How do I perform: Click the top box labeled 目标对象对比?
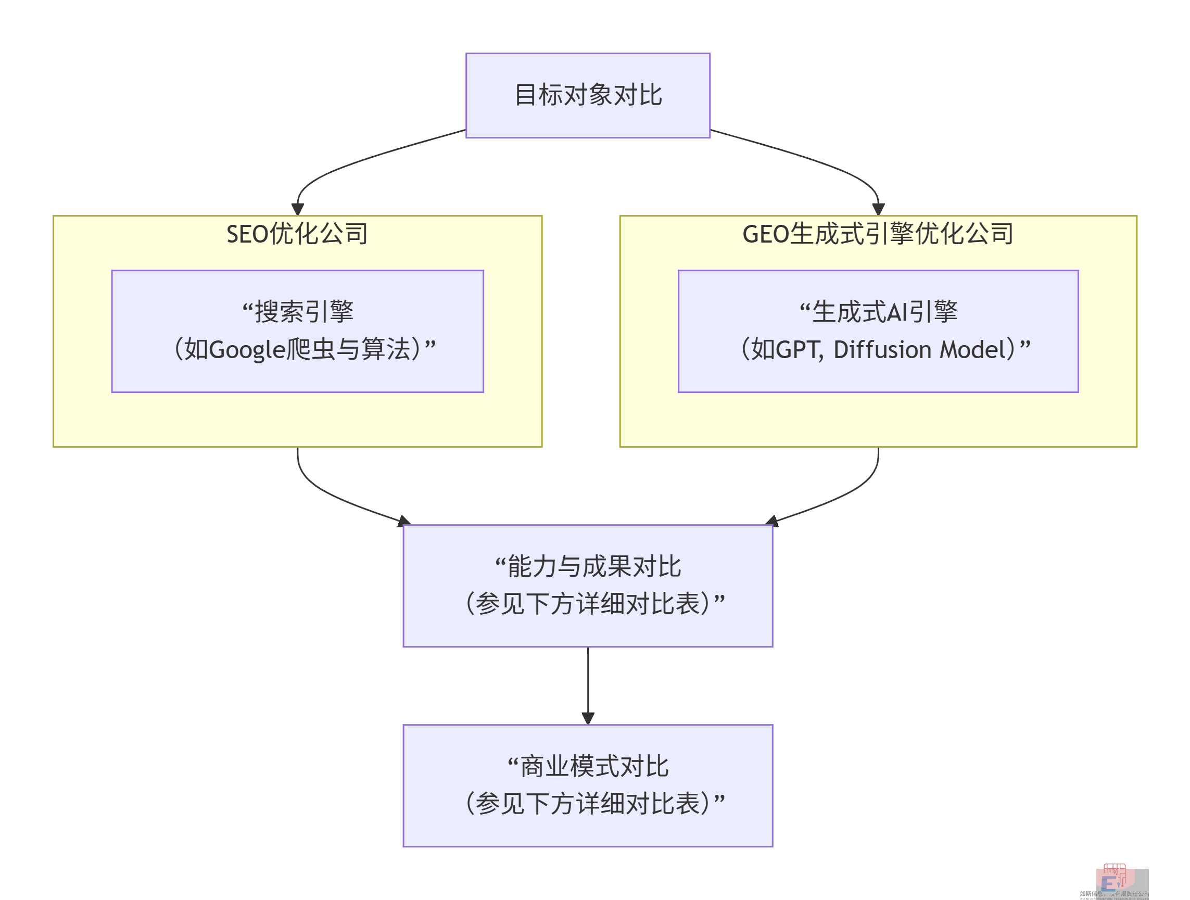[588, 95]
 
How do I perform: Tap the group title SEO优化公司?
[297, 234]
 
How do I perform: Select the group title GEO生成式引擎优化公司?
[878, 234]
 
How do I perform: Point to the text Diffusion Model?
[923, 350]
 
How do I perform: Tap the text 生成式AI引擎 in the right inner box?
[884, 311]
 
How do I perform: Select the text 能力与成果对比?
[594, 566]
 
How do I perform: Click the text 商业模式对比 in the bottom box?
[594, 766]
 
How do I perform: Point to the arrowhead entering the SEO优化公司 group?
[298, 209]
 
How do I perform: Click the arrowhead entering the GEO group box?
[878, 209]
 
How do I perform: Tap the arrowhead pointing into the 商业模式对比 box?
[588, 718]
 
